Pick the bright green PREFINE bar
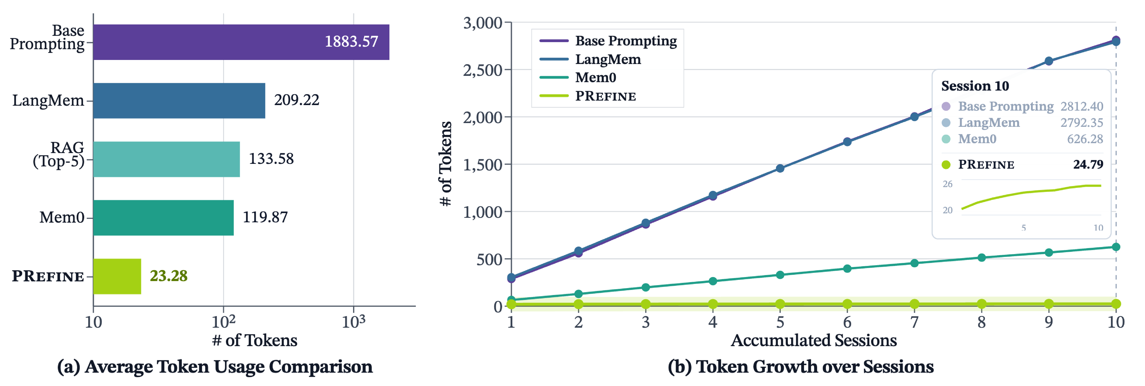[x=117, y=276]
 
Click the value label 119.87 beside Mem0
[x=265, y=217]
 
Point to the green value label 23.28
[x=169, y=276]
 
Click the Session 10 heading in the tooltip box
[x=975, y=86]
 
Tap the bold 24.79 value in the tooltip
[x=1088, y=164]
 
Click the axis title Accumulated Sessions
[x=813, y=340]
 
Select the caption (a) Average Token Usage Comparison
[x=215, y=367]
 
